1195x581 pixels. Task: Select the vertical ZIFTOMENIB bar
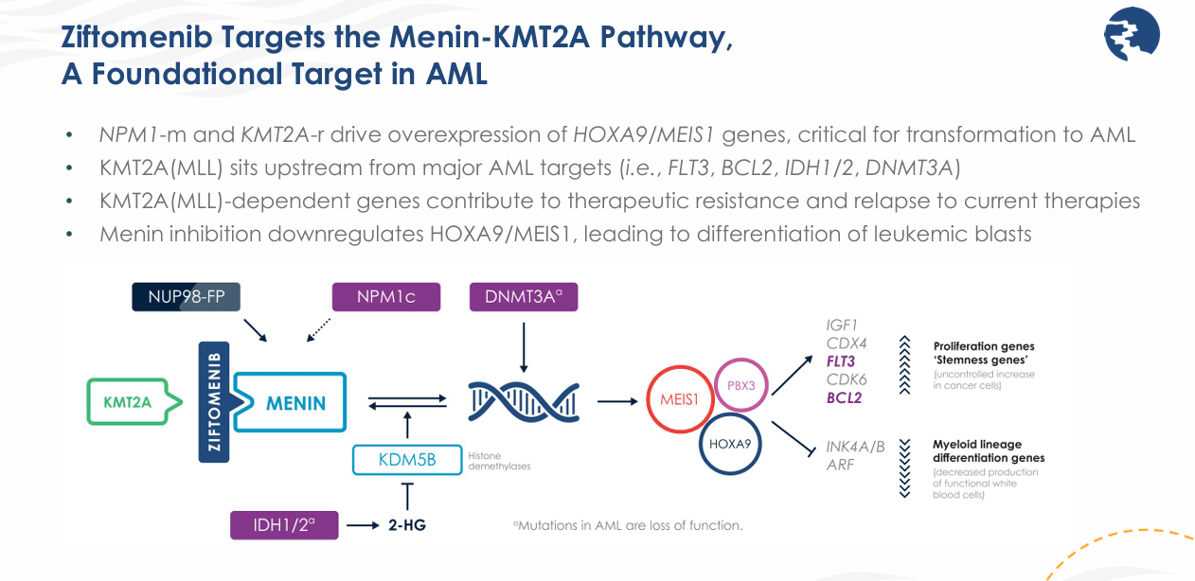coord(214,402)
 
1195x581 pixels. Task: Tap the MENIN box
coord(294,403)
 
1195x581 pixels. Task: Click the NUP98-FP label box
coord(186,296)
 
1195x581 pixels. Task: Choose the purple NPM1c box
coord(386,296)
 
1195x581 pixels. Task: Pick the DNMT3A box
coord(523,296)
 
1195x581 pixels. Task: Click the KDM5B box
coord(407,460)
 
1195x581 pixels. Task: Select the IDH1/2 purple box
coord(284,524)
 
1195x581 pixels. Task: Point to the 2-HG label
coord(407,524)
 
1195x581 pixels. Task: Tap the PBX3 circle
coord(740,385)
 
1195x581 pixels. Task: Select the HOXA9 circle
coord(731,442)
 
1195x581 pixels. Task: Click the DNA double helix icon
coord(524,401)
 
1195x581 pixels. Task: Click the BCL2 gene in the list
coord(845,397)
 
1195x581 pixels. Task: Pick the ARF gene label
coord(840,465)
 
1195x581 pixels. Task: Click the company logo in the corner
coord(1132,35)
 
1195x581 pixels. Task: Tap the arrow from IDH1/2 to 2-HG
coord(362,524)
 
